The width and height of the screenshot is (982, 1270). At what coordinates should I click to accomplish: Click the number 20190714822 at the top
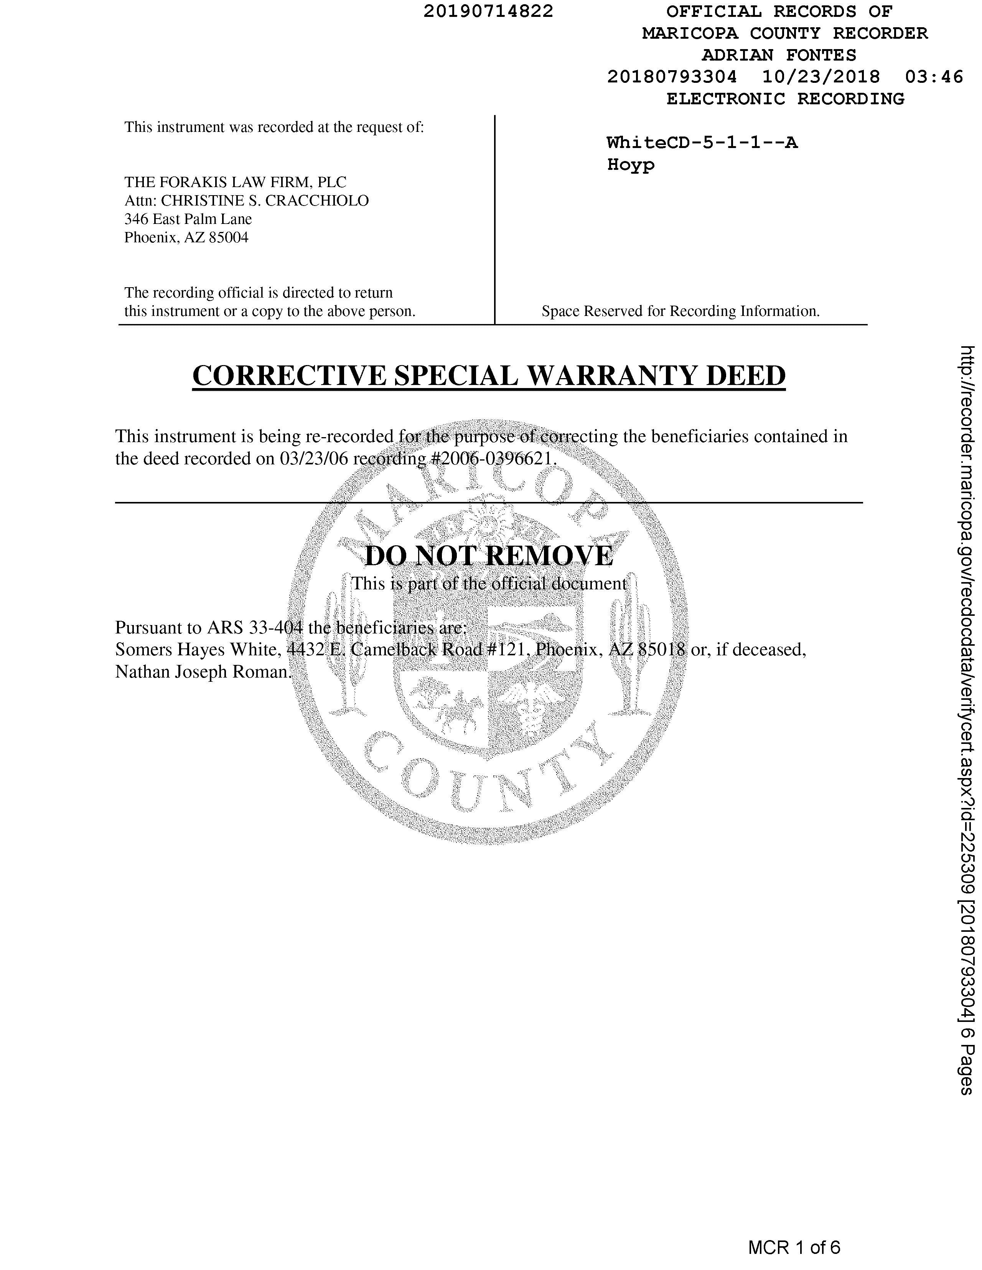point(488,11)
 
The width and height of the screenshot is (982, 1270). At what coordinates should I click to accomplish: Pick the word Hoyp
point(631,165)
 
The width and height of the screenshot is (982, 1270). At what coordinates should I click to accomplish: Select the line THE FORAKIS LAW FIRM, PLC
point(235,182)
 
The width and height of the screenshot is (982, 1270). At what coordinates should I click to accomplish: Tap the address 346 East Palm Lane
point(188,219)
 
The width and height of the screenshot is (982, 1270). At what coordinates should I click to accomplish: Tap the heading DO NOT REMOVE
point(489,556)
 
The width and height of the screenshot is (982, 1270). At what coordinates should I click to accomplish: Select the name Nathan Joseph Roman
point(202,672)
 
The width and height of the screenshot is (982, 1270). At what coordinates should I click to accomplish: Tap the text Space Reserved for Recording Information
point(680,311)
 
